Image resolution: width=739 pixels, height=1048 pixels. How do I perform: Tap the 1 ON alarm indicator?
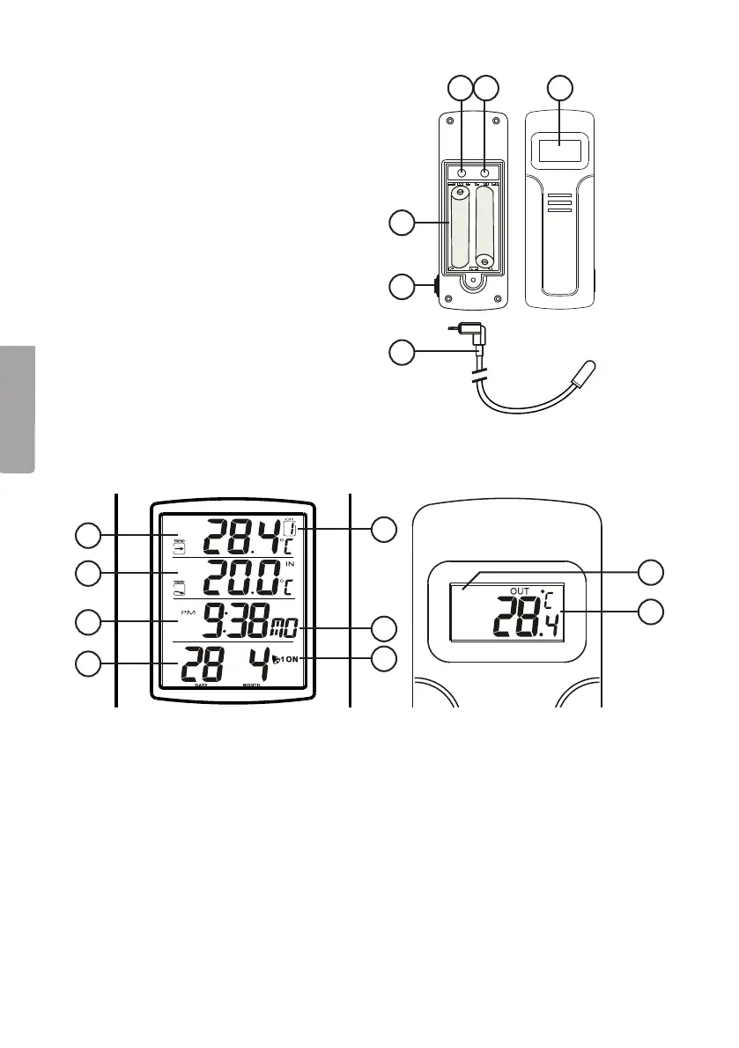289,658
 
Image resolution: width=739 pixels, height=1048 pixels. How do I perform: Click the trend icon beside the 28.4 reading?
179,546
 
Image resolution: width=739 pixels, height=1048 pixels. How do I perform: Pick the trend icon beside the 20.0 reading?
179,587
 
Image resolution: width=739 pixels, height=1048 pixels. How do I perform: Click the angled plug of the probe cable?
475,335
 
